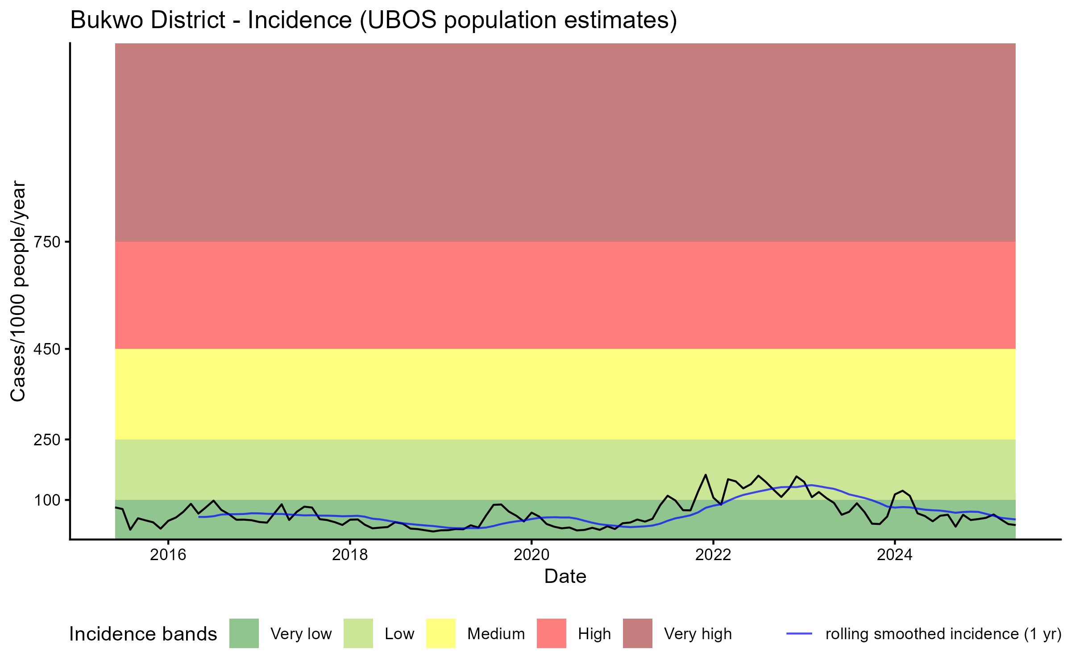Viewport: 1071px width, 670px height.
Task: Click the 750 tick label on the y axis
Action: pyautogui.click(x=47, y=242)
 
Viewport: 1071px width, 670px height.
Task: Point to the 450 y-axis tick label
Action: pyautogui.click(x=47, y=349)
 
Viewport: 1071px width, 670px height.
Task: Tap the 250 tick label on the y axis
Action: pyautogui.click(x=47, y=440)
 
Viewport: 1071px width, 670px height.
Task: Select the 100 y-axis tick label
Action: pyautogui.click(x=47, y=500)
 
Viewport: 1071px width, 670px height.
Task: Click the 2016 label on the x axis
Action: pyautogui.click(x=168, y=555)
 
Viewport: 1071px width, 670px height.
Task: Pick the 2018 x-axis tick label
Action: pyautogui.click(x=350, y=555)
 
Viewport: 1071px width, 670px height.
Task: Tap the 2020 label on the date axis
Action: pyautogui.click(x=531, y=555)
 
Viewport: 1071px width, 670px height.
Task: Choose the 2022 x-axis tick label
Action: pyautogui.click(x=713, y=555)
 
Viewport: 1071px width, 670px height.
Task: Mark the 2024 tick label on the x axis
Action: pyautogui.click(x=895, y=555)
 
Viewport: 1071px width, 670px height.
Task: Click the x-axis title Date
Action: pyautogui.click(x=565, y=577)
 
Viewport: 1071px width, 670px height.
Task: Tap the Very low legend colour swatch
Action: pyautogui.click(x=244, y=633)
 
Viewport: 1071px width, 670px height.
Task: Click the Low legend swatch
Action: pyautogui.click(x=358, y=633)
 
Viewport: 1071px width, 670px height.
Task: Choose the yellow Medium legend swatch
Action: pyautogui.click(x=441, y=633)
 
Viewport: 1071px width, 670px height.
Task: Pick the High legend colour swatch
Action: pyautogui.click(x=551, y=633)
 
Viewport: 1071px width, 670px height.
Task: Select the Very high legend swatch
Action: pyautogui.click(x=637, y=633)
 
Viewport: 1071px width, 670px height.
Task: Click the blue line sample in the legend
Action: pyautogui.click(x=799, y=633)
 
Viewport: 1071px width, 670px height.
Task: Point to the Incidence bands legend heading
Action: pyautogui.click(x=143, y=634)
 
